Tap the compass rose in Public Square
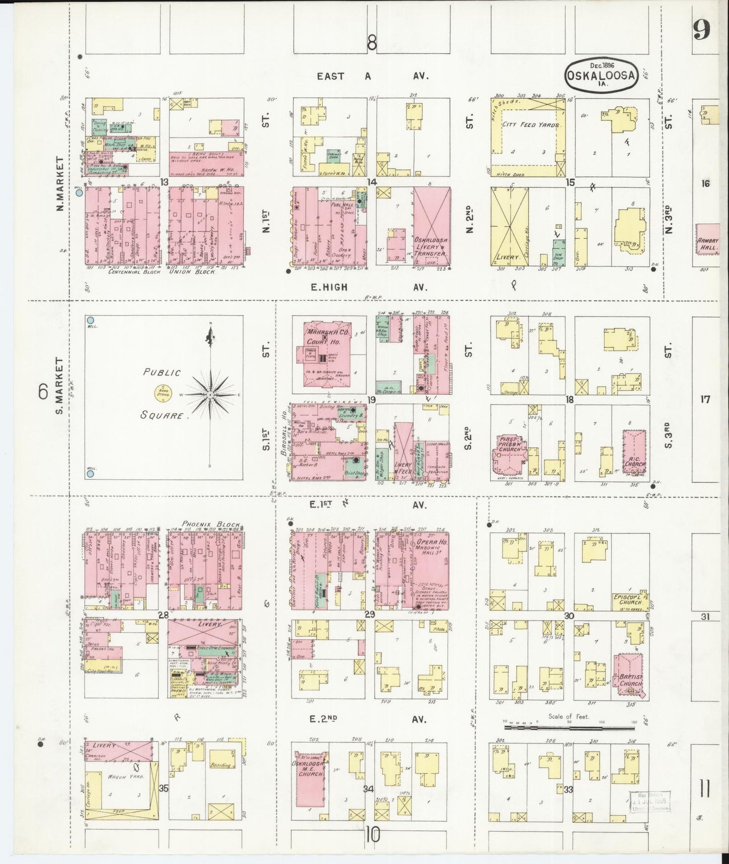coord(210,394)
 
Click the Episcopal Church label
coord(627,599)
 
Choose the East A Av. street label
coord(372,76)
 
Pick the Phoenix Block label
coord(211,524)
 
